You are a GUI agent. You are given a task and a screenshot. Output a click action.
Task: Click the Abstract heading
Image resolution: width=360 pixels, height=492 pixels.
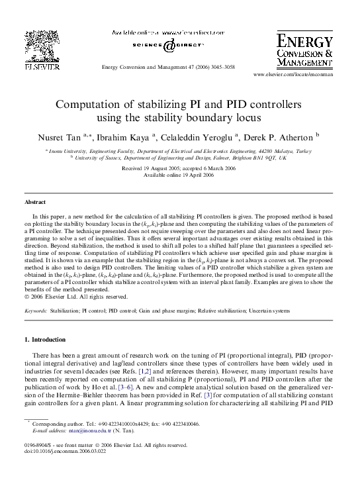[x=35, y=201]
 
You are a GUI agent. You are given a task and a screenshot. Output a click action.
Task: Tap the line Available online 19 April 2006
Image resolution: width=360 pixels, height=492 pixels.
[x=179, y=175]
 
